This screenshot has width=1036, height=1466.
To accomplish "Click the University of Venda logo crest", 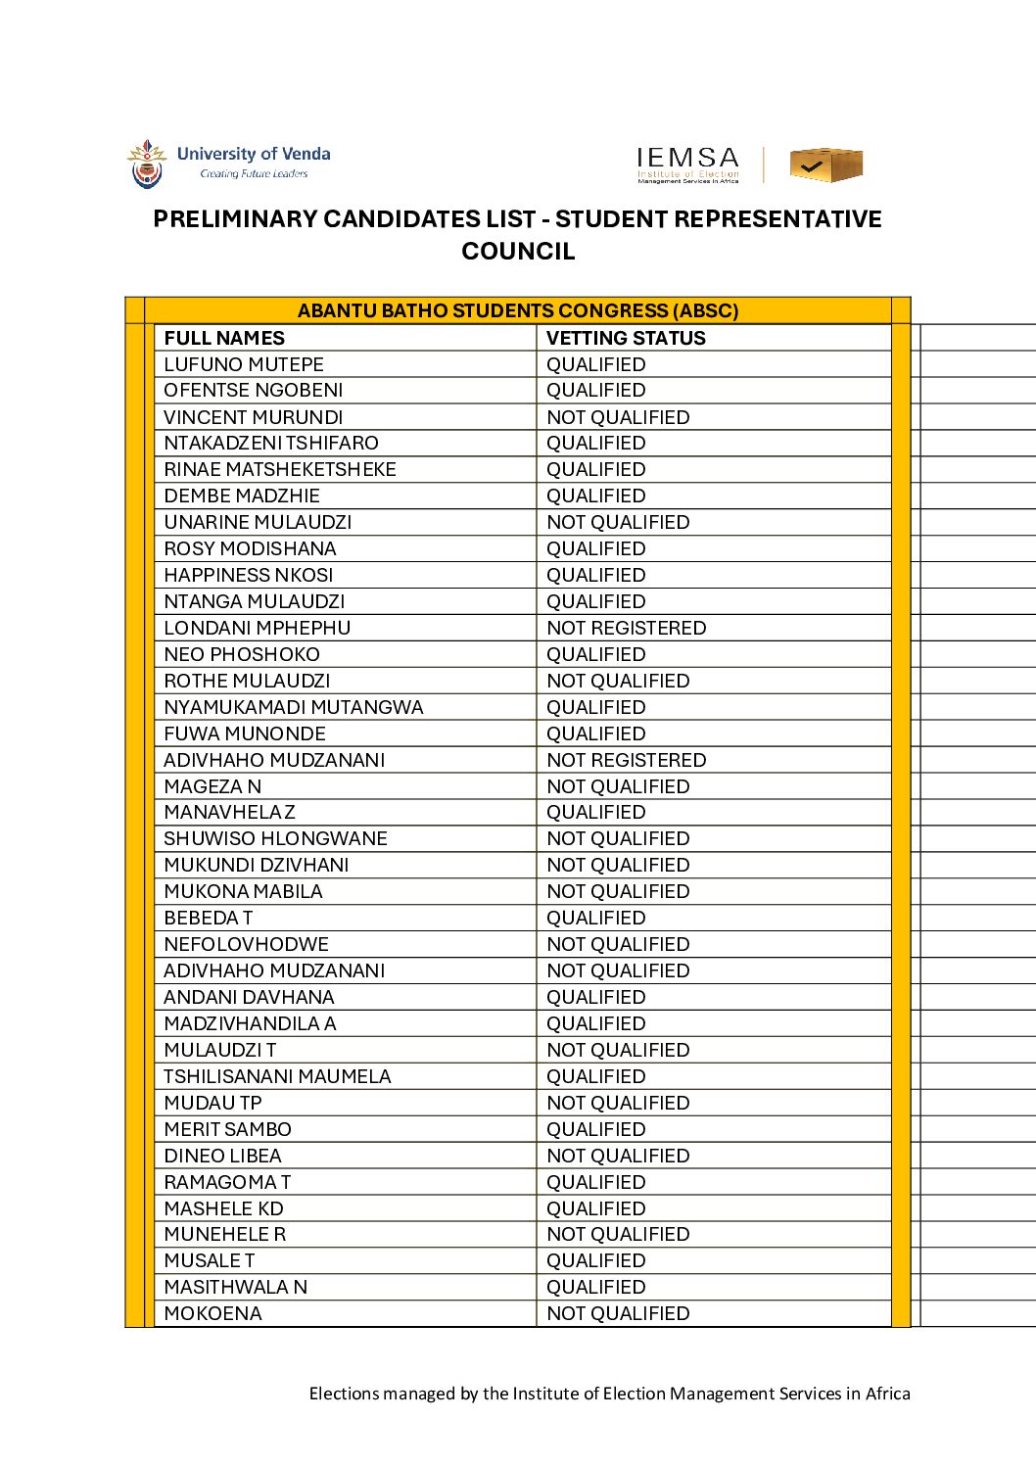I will tap(147, 164).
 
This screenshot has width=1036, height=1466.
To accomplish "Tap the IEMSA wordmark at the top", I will tap(687, 159).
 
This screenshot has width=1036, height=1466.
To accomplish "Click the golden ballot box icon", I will tap(825, 165).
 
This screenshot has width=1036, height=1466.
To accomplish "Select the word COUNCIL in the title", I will tap(518, 252).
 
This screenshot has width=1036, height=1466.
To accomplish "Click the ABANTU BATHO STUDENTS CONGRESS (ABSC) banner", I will tap(518, 310).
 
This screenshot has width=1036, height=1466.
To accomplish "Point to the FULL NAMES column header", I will tap(224, 338).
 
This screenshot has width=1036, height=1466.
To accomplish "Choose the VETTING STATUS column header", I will tap(626, 338).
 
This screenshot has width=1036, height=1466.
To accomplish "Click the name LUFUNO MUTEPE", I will tap(244, 364).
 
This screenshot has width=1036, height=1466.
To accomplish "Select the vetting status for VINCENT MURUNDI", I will tap(618, 417).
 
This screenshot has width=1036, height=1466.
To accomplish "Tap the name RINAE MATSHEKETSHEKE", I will tap(280, 469).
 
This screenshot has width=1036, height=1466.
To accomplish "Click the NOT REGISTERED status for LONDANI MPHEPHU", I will tap(626, 628).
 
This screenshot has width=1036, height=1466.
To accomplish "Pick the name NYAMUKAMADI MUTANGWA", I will tap(294, 707).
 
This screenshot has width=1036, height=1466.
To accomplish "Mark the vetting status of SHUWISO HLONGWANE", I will tap(618, 838).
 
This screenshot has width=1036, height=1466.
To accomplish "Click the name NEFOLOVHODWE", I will tap(247, 944).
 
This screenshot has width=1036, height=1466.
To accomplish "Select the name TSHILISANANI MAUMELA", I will tap(277, 1076).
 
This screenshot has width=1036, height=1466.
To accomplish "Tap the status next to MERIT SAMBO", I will tap(595, 1129).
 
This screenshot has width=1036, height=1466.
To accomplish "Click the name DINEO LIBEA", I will tap(222, 1156).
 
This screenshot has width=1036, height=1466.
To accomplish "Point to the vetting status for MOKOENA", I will tap(618, 1313).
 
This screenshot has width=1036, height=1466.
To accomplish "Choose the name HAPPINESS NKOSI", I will tap(249, 575).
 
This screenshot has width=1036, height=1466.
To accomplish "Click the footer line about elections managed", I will tap(609, 1394).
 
